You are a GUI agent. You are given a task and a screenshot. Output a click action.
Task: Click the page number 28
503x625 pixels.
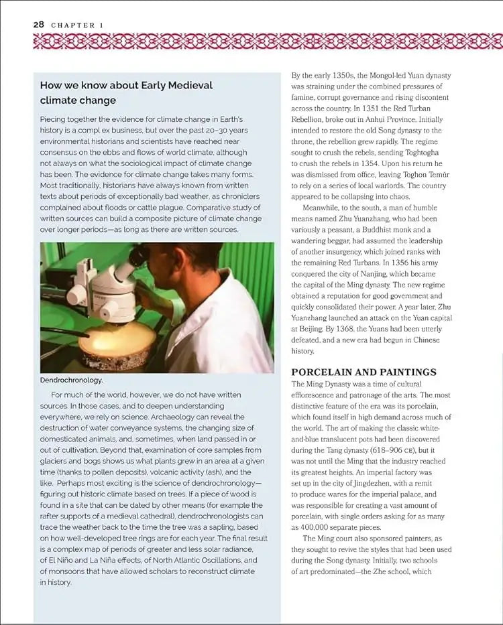[x=20, y=25]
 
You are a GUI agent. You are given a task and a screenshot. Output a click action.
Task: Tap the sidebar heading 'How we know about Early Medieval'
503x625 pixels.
[x=126, y=86]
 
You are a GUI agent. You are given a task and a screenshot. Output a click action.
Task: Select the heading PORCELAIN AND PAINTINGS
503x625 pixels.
[x=364, y=372]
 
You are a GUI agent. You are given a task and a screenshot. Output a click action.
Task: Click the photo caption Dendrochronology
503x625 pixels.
[x=72, y=380]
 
